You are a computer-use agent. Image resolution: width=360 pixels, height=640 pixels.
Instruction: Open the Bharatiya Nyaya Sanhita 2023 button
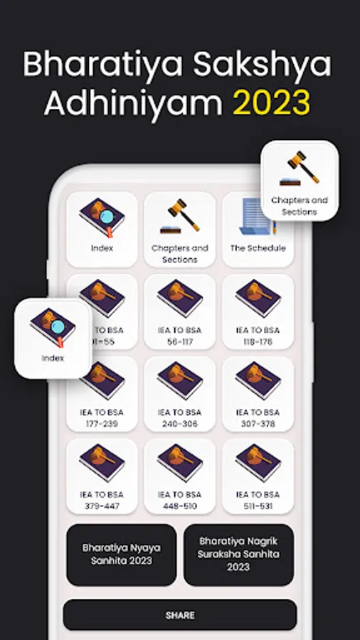122,555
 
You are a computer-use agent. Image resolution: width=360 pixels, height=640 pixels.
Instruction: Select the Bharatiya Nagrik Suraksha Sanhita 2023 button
239,555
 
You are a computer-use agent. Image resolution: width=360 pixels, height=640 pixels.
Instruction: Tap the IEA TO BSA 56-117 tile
179,311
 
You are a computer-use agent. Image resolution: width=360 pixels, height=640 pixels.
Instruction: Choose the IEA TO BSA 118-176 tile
258,311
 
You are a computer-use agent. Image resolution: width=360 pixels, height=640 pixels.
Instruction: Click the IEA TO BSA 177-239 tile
102,394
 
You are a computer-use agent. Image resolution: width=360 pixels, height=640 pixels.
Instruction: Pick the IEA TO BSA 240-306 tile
179,394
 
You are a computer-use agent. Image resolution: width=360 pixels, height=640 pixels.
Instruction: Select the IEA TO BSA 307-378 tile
258,394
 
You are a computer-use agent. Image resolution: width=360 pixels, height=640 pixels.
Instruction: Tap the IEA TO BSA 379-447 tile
102,476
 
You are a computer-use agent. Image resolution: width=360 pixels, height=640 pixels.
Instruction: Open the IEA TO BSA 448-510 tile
179,476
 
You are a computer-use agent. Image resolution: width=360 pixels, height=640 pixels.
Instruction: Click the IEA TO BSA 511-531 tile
258,476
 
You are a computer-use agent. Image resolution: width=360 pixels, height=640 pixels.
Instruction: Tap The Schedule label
258,248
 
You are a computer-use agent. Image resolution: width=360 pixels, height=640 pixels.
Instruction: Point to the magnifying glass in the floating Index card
58,327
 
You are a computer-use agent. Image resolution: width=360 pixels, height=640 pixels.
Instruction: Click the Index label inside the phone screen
102,248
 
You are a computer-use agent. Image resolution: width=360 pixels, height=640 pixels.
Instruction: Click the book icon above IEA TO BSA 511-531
258,462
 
